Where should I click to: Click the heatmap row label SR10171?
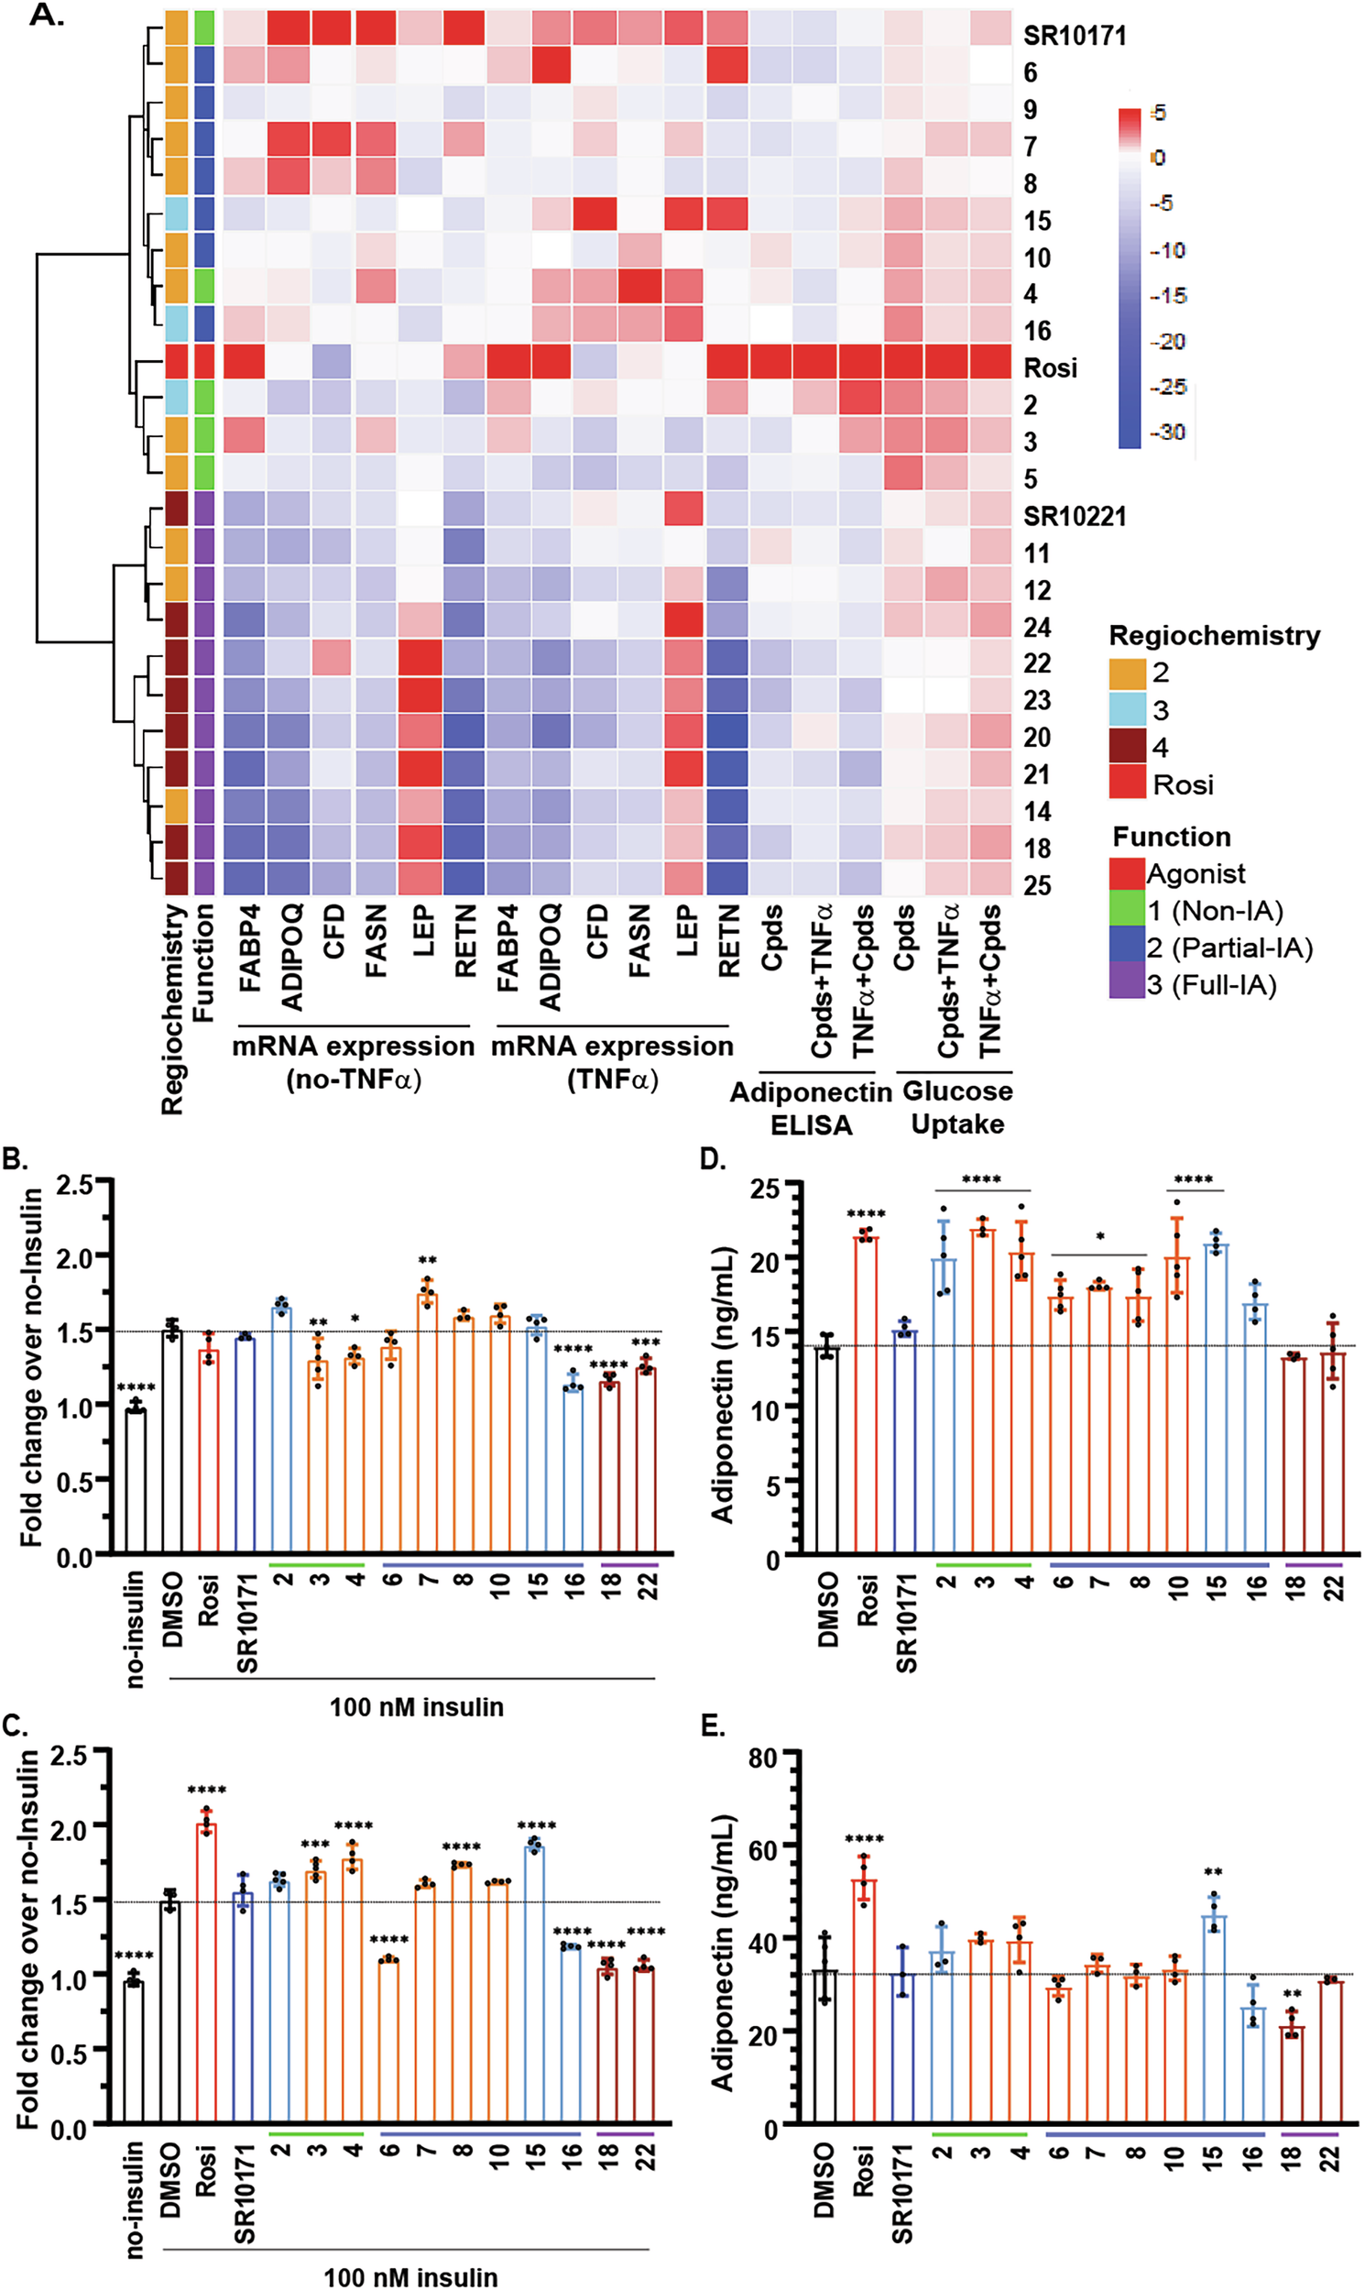coord(1075,36)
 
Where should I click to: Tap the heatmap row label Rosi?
coord(1050,368)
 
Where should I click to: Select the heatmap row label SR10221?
coord(1075,516)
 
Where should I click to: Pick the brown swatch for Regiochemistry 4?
coord(1128,746)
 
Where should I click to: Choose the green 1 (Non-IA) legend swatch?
coord(1128,911)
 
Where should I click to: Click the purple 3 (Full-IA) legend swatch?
coord(1128,985)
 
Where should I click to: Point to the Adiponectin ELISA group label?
coord(811,1108)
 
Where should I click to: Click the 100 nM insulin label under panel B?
coord(416,1707)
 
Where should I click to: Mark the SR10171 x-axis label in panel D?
coord(906,1623)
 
